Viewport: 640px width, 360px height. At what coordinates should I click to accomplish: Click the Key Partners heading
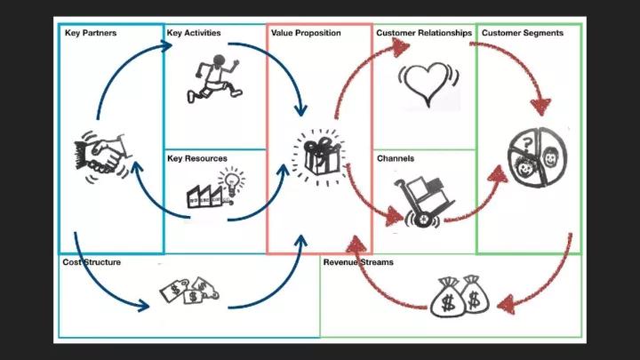pyautogui.click(x=91, y=33)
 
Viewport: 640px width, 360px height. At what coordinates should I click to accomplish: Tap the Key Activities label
pyautogui.click(x=194, y=33)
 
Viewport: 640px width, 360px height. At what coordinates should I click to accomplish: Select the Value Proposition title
pyautogui.click(x=306, y=33)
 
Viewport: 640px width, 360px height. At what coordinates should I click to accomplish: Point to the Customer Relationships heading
pyautogui.click(x=424, y=33)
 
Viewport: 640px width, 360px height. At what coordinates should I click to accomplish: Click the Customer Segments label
pyautogui.click(x=523, y=33)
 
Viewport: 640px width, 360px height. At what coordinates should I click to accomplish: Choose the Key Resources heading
pyautogui.click(x=197, y=158)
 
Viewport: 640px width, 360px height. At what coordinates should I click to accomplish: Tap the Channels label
pyautogui.click(x=396, y=158)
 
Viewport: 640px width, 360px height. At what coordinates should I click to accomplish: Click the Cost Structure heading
pyautogui.click(x=92, y=262)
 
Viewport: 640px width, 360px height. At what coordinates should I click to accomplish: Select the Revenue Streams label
pyautogui.click(x=358, y=262)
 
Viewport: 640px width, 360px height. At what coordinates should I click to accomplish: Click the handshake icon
pyautogui.click(x=103, y=156)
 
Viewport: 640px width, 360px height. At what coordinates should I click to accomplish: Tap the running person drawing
pyautogui.click(x=214, y=78)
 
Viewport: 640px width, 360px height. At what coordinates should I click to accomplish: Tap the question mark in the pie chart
pyautogui.click(x=527, y=144)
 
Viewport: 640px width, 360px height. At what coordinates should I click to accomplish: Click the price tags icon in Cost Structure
pyautogui.click(x=189, y=290)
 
